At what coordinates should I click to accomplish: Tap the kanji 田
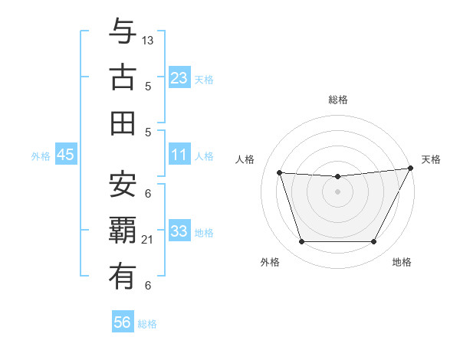point(123,123)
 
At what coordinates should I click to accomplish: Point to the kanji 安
point(123,184)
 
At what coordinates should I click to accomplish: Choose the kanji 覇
point(123,231)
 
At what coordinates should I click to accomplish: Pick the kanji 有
point(123,277)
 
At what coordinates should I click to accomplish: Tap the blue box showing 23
point(179,77)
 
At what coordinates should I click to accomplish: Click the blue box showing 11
point(179,155)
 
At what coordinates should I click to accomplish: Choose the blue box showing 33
point(179,231)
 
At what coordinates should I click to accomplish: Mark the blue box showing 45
point(66,155)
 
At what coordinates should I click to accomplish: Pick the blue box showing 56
point(123,323)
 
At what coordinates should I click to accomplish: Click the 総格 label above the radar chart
point(337,100)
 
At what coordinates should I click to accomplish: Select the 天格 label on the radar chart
point(431,159)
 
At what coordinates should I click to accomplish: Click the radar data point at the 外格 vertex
point(301,242)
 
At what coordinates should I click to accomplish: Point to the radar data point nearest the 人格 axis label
point(280,173)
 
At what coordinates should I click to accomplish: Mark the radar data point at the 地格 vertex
point(374,242)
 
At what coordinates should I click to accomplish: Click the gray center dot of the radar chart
point(337,191)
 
